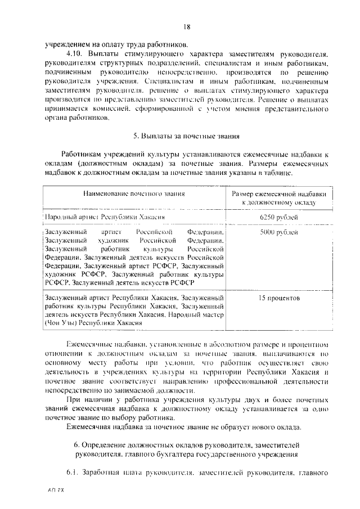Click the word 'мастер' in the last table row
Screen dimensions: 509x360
tap(213, 315)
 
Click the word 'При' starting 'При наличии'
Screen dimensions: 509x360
tap(73, 399)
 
